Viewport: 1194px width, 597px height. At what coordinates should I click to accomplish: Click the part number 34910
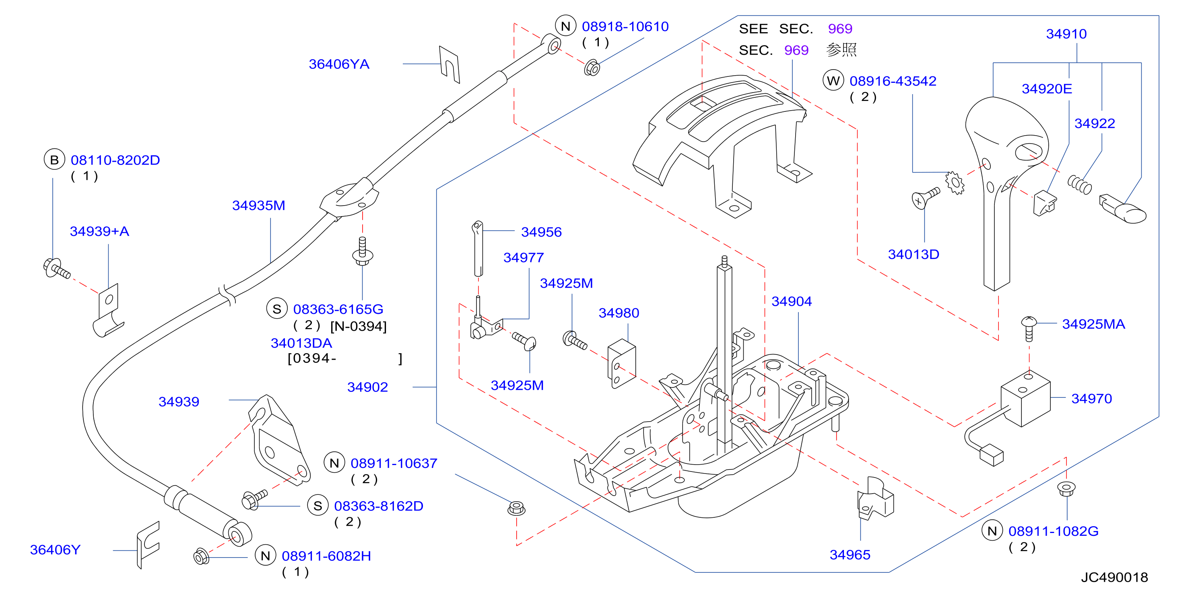pyautogui.click(x=1066, y=34)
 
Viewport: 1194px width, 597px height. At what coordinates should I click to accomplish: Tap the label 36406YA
pyautogui.click(x=339, y=64)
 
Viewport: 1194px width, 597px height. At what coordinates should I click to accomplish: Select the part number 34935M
pyautogui.click(x=259, y=205)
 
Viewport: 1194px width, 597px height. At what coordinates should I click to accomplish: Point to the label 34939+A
pyautogui.click(x=99, y=231)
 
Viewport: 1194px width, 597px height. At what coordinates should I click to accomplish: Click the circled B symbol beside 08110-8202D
pyautogui.click(x=54, y=159)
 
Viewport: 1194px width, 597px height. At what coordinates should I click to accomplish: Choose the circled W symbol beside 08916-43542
pyautogui.click(x=833, y=80)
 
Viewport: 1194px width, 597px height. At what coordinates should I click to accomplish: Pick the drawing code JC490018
pyautogui.click(x=1114, y=577)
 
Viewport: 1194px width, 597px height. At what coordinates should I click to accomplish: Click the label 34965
pyautogui.click(x=850, y=554)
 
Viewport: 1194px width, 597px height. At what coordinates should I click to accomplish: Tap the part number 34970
pyautogui.click(x=1091, y=399)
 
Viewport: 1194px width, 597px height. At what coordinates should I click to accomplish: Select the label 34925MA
pyautogui.click(x=1093, y=324)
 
